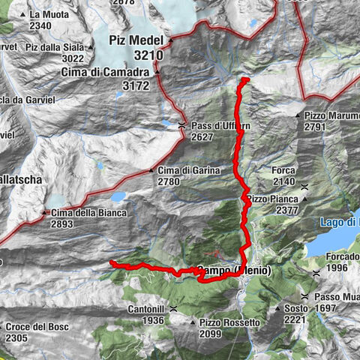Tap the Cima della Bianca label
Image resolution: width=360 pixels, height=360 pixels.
89,213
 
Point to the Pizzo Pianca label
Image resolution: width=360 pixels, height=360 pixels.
274,199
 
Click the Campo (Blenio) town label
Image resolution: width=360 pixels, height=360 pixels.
232,270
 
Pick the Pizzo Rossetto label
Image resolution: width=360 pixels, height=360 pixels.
229,322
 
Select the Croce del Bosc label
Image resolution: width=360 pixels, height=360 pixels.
37,327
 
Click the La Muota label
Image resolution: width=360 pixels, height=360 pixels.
51,15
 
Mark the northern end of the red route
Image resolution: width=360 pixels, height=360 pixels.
244,79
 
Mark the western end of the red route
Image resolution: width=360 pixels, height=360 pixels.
111,262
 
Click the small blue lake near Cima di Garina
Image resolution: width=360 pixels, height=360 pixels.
118,196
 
